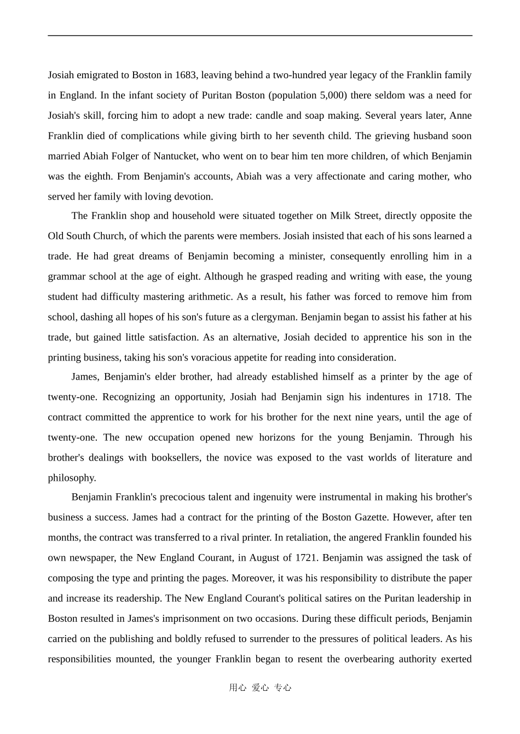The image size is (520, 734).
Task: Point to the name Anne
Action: tap(460, 115)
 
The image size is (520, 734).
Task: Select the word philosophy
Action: tap(72, 477)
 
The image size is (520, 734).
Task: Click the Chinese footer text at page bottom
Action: tap(260, 688)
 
